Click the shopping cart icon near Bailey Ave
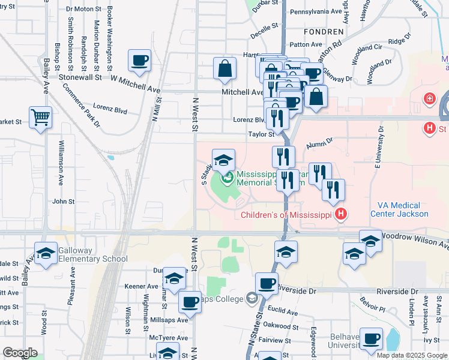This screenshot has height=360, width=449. [x=41, y=117]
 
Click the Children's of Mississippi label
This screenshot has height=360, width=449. [x=288, y=215]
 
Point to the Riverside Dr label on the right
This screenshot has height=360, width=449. [x=397, y=291]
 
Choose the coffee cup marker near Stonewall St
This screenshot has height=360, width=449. [x=139, y=61]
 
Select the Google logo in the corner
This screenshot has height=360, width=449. [x=20, y=353]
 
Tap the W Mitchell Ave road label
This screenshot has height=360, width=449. [x=136, y=83]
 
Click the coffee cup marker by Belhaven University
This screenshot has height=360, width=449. [x=371, y=338]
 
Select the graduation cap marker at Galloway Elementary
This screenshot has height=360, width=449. [x=45, y=254]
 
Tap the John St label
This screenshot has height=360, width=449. [x=63, y=202]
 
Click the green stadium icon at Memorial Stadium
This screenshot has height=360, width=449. [x=228, y=177]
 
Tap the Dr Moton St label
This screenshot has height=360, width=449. [x=84, y=10]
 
